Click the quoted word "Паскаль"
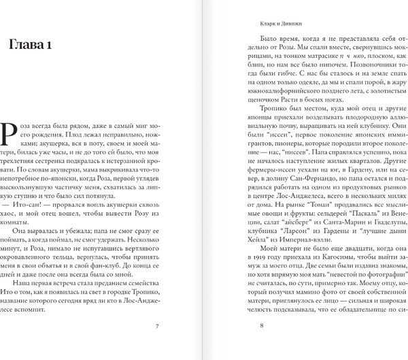pos(346,206)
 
